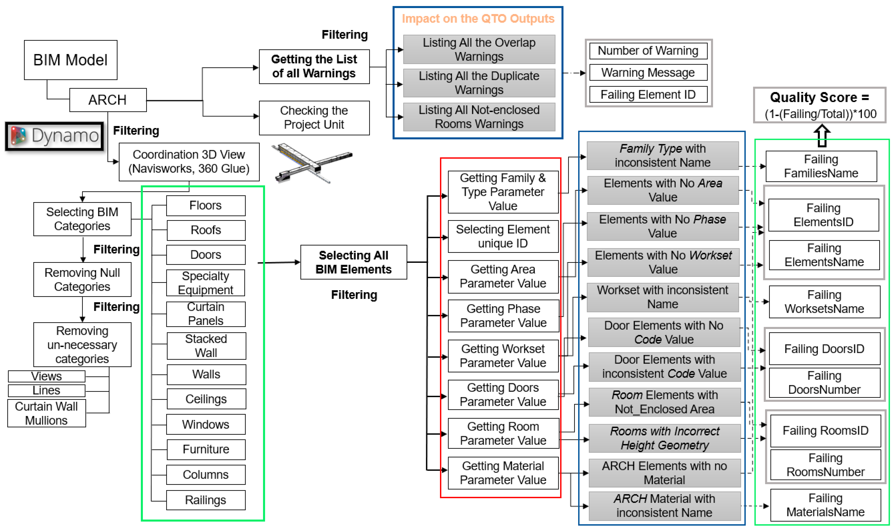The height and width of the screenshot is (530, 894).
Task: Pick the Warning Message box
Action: pos(648,72)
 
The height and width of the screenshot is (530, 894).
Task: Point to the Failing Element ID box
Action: pos(648,95)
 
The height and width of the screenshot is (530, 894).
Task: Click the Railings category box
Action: pos(206,500)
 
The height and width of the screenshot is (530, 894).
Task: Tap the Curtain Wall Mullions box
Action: pos(46,413)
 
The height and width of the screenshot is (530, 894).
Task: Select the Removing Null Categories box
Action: pos(82,280)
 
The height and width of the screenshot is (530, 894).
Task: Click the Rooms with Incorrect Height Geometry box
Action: pos(664,438)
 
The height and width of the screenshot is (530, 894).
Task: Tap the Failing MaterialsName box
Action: pos(825,505)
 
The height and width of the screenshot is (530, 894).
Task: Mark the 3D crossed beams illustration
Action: pos(311,163)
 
